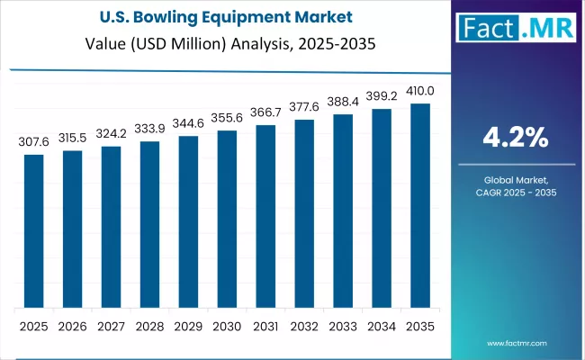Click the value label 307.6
coord(33,142)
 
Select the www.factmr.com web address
coord(519,343)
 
